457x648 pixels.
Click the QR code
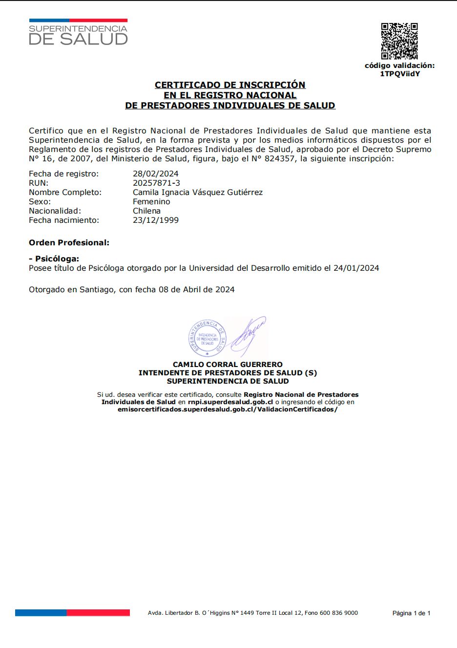(399, 41)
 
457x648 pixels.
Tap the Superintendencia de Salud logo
(78, 33)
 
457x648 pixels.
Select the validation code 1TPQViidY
(400, 74)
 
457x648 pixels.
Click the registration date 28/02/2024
(156, 173)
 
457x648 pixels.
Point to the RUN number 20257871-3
(156, 183)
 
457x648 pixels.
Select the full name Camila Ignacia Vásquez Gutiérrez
(198, 192)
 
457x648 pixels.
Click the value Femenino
(151, 201)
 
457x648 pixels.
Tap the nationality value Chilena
(146, 211)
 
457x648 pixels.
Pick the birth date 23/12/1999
(156, 220)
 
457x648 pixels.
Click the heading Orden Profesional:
(69, 242)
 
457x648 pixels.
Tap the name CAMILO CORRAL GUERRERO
(228, 364)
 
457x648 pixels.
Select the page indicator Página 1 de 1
(411, 613)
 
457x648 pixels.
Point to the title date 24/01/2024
(356, 268)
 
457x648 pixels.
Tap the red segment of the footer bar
(98, 612)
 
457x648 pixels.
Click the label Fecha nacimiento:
(64, 220)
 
